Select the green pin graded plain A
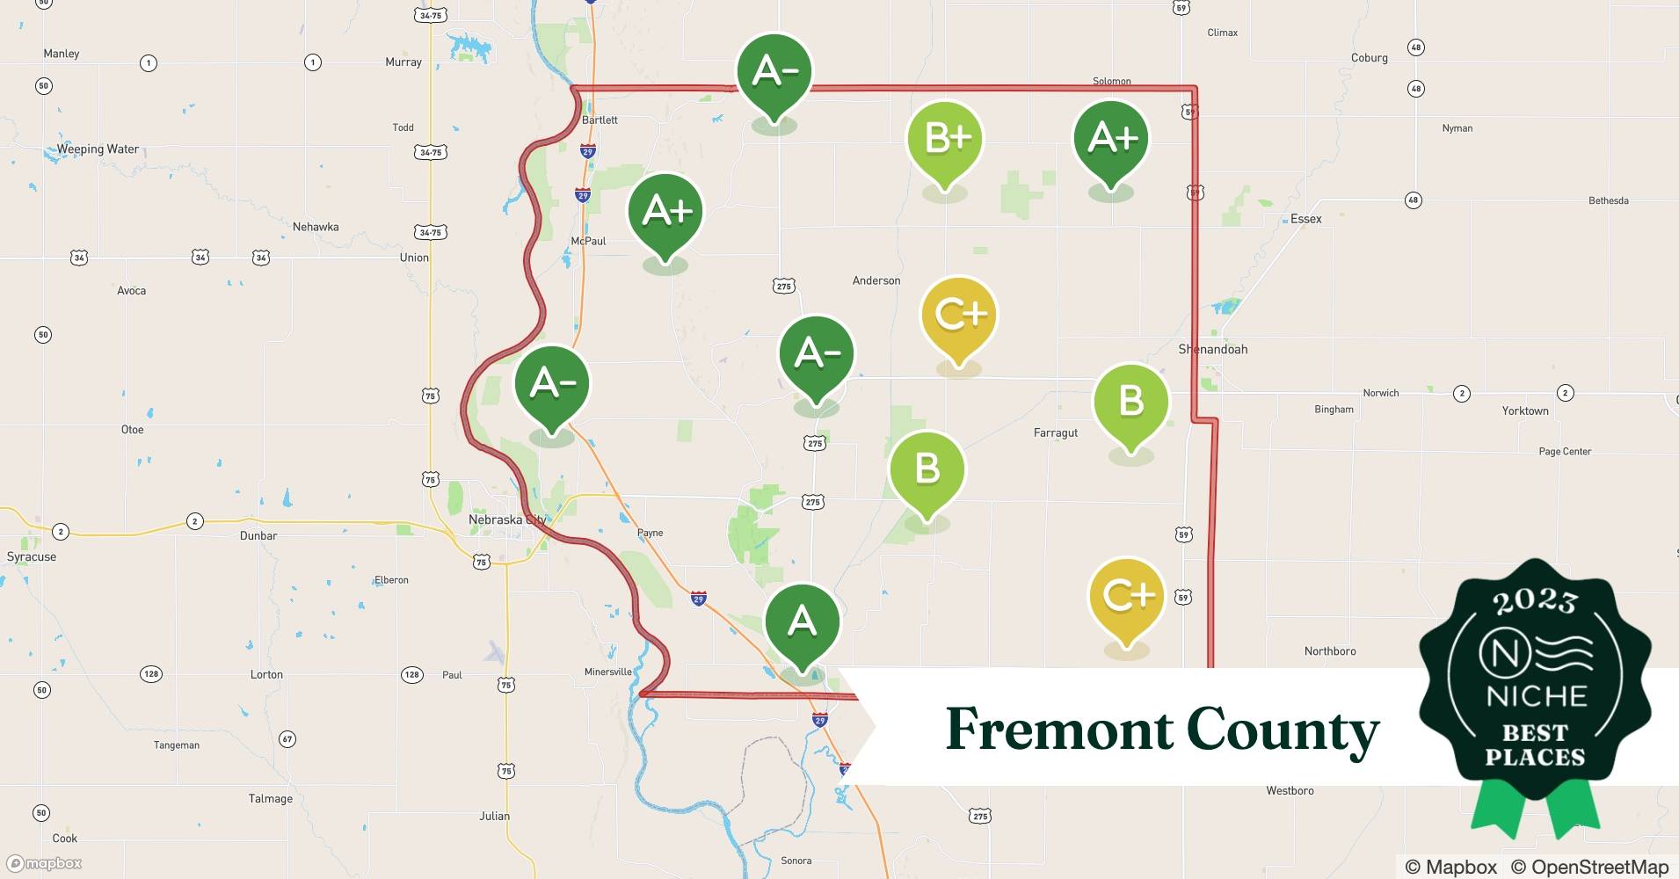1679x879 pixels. tap(802, 622)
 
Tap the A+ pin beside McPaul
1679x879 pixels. tap(665, 212)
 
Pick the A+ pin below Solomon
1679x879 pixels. tap(1111, 139)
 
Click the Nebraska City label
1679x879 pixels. tap(506, 519)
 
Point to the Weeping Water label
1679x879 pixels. tap(98, 149)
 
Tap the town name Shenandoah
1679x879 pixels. tap(1213, 349)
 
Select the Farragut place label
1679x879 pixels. tap(1055, 432)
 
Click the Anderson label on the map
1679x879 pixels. tap(876, 280)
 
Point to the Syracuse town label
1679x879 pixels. tap(32, 556)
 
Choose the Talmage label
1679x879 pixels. tap(270, 799)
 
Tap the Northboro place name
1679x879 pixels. tap(1329, 651)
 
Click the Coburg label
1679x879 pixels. tap(1369, 58)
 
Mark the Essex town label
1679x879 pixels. tap(1305, 219)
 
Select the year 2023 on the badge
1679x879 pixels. tap(1535, 600)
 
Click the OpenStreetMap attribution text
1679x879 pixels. tap(1599, 867)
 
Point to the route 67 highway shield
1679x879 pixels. tap(287, 739)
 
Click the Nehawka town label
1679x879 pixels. tap(316, 227)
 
